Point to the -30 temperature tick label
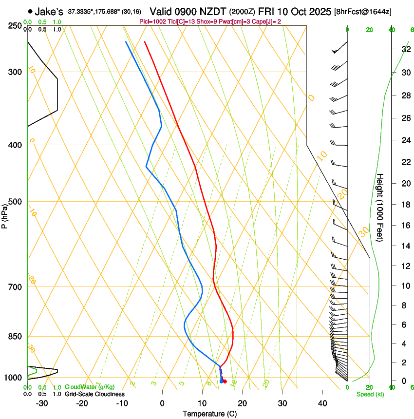(42, 403)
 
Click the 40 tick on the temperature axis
(322, 403)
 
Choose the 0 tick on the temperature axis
(162, 403)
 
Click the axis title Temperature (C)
(209, 414)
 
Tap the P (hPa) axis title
(5, 213)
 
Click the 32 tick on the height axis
(404, 49)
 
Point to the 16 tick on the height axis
(404, 225)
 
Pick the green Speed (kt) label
(370, 394)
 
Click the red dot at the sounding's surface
(225, 381)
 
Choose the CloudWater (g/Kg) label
(90, 387)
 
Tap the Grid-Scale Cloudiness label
(94, 394)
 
